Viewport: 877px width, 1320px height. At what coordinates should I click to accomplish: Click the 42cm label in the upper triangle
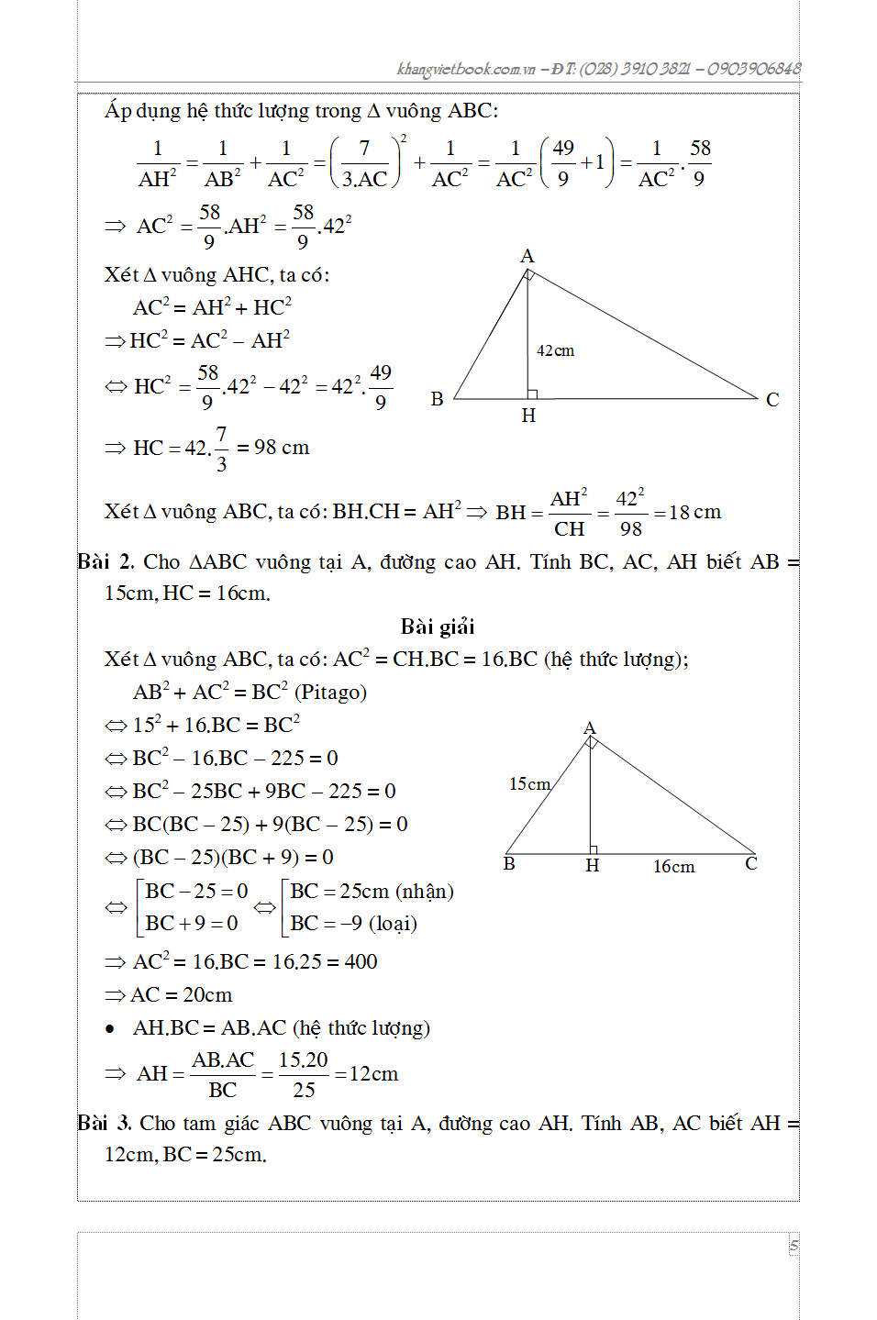555,350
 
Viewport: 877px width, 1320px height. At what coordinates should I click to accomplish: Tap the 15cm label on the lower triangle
529,783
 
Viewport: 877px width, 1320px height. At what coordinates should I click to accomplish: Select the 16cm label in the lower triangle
673,866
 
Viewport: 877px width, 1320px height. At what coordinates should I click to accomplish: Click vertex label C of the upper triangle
772,399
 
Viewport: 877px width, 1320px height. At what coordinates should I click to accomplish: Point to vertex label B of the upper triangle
437,399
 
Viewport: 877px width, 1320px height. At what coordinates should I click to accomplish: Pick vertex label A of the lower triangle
590,727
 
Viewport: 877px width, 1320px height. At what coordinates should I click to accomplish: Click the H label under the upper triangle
528,416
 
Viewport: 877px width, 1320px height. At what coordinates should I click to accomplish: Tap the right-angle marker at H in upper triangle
532,394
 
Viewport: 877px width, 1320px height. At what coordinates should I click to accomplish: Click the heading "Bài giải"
438,627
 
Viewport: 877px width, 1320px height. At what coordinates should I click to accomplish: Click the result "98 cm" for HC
282,448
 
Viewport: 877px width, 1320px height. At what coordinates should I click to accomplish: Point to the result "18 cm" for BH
694,512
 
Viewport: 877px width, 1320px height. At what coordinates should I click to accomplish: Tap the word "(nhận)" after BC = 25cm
425,891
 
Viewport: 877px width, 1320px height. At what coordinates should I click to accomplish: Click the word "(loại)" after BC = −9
393,923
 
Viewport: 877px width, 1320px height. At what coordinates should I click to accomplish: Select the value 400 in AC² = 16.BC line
361,961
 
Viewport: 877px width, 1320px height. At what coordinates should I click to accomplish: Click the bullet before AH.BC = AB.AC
110,1029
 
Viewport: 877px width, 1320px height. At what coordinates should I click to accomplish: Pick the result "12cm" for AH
373,1073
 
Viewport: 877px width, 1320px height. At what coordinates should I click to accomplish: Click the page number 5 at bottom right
794,1246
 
